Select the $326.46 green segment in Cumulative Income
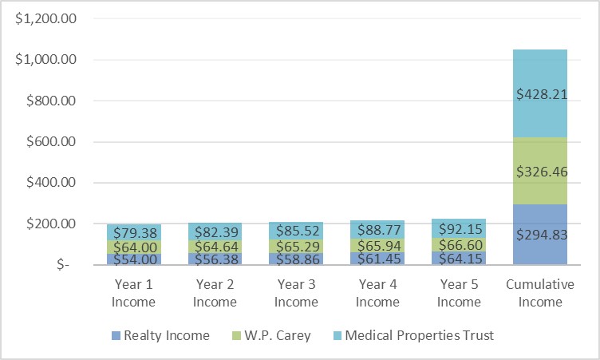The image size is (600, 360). point(540,171)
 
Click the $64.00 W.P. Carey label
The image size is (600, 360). point(134,247)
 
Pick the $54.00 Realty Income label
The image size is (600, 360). point(134,259)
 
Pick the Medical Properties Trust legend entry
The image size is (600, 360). point(408,335)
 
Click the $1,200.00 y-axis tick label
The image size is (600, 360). point(45,18)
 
